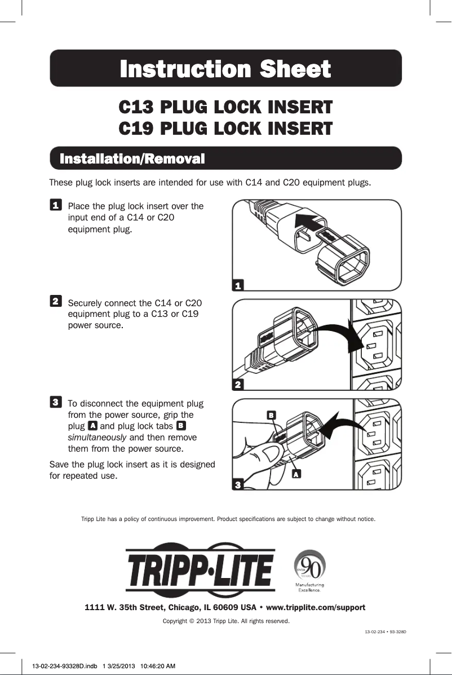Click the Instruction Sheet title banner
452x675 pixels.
(x=225, y=69)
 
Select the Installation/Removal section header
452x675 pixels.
(x=132, y=158)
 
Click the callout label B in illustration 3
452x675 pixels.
(x=271, y=415)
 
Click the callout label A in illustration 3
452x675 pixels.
(x=295, y=474)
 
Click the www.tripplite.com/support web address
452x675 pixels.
(x=316, y=607)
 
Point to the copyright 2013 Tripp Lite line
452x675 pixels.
(x=225, y=621)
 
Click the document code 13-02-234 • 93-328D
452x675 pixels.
(x=382, y=632)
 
